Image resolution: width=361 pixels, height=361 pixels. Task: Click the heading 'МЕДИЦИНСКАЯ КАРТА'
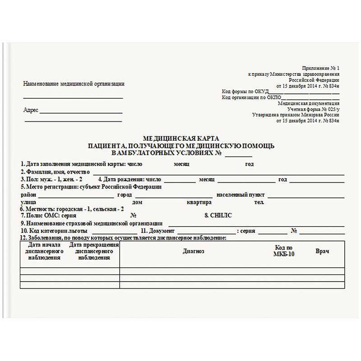(x=180, y=138)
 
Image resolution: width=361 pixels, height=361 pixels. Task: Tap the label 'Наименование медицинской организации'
(x=74, y=83)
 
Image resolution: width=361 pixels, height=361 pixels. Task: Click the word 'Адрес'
(x=31, y=110)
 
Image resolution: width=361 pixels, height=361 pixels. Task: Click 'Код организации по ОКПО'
(x=252, y=97)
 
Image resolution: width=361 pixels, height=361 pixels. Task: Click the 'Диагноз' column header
(x=194, y=251)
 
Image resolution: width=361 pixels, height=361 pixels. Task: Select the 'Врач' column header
(x=322, y=251)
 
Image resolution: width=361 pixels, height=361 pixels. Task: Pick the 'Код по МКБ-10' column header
(x=283, y=251)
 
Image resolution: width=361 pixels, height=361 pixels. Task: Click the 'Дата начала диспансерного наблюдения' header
(x=44, y=251)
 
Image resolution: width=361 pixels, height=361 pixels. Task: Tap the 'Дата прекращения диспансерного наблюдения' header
(x=94, y=251)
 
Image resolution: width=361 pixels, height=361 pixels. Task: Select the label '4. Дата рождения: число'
(x=130, y=179)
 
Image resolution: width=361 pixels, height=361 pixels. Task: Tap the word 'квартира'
(x=199, y=202)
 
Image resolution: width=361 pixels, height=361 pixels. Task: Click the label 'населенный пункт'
(x=241, y=195)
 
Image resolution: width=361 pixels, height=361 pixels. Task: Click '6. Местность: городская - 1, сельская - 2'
(x=72, y=209)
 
